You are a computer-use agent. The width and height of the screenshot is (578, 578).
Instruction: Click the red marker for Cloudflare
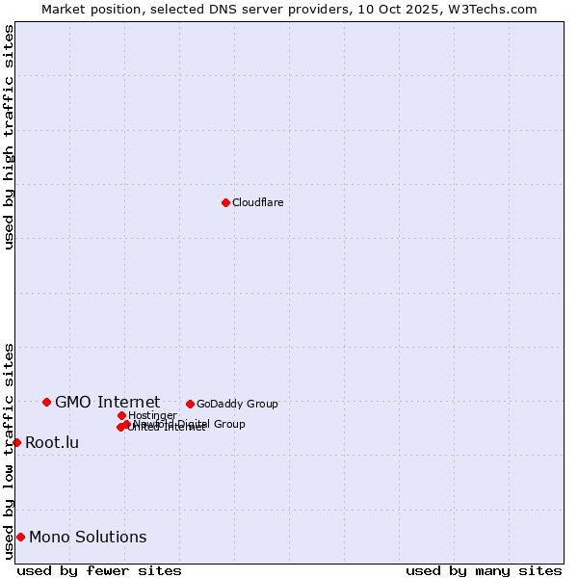tap(225, 202)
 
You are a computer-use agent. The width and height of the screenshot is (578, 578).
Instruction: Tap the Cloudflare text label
tap(257, 202)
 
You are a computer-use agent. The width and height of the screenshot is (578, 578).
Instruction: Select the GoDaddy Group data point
tap(190, 404)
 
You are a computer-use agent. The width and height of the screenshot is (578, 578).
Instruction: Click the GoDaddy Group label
tap(237, 404)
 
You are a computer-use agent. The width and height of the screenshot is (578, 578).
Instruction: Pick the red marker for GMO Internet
tap(46, 402)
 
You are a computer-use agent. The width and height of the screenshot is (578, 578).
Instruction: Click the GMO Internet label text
tap(107, 402)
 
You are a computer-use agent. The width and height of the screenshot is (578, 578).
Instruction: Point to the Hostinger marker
tap(121, 415)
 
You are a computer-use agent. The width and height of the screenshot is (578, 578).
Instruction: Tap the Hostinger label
tap(152, 415)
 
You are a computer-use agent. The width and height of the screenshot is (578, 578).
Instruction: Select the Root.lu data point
tap(16, 442)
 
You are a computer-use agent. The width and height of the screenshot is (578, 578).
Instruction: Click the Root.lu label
tap(52, 443)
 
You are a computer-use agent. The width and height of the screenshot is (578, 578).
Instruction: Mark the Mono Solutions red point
tap(20, 537)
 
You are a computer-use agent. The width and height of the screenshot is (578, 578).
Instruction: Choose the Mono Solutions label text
tap(88, 538)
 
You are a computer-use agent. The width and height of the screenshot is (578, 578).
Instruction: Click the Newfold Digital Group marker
tap(126, 424)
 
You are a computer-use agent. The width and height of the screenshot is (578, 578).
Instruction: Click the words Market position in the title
tap(88, 9)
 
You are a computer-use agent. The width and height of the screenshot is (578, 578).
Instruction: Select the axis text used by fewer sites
tap(99, 571)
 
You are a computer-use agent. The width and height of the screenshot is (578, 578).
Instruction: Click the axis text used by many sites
tap(484, 571)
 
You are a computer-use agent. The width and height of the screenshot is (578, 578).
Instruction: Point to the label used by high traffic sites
tap(9, 137)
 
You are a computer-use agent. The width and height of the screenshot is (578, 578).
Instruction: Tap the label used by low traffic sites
tap(9, 451)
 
